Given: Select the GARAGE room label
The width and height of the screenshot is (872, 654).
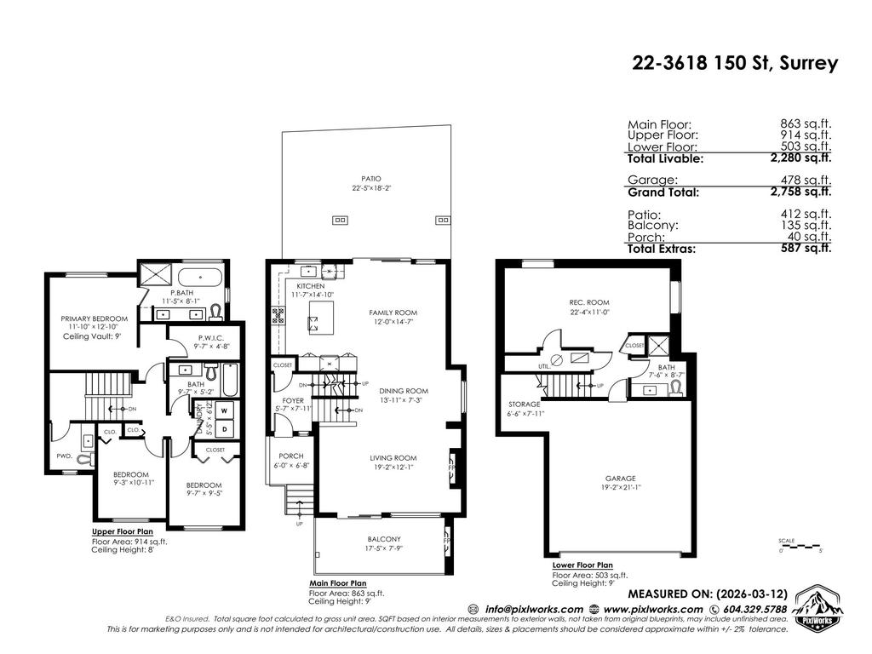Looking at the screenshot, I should tap(621, 479).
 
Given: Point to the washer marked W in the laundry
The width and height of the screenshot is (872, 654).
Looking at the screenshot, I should tap(224, 410).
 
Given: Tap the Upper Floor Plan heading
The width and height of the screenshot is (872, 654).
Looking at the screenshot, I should tap(122, 531).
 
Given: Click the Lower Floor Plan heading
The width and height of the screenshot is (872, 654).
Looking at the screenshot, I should tap(582, 565).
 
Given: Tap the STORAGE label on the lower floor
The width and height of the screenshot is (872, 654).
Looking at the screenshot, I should tap(525, 404).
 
